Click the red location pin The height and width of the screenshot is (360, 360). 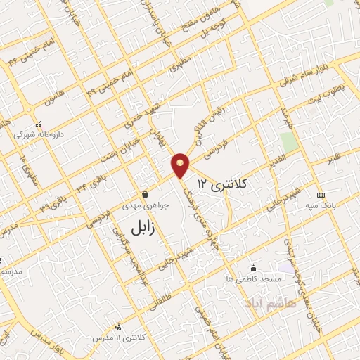tap(181, 165)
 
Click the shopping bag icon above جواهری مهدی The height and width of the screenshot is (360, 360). tap(145, 194)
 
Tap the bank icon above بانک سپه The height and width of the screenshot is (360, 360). tap(321, 195)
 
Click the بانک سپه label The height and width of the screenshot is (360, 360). tap(323, 205)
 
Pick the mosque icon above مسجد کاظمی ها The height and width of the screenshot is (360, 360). tap(254, 269)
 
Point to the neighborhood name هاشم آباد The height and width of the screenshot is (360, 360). tap(271, 304)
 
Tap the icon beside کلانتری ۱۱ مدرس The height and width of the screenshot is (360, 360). tap(117, 327)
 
